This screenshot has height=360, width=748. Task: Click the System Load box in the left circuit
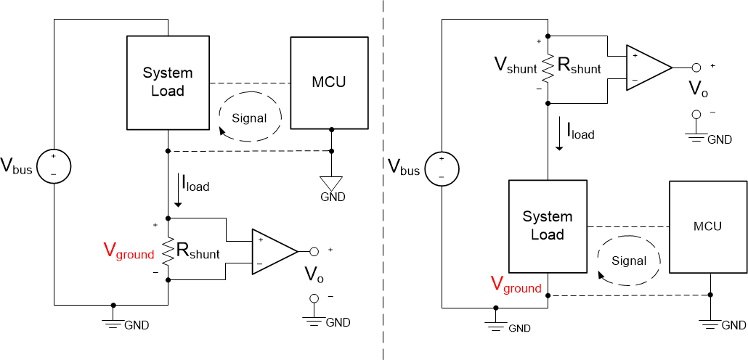(168, 82)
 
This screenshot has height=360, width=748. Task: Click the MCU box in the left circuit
(328, 81)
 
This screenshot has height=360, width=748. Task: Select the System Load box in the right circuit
(548, 226)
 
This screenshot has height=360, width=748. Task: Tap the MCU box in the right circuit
(707, 226)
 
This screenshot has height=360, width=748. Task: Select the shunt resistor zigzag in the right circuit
(548, 67)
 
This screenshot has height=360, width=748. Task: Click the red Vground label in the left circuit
(129, 253)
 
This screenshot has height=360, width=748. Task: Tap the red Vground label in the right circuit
(516, 286)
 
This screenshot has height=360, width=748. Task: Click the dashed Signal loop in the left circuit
(248, 118)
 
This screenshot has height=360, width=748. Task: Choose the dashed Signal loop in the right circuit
(628, 260)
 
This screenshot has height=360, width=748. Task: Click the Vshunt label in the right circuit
(516, 67)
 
